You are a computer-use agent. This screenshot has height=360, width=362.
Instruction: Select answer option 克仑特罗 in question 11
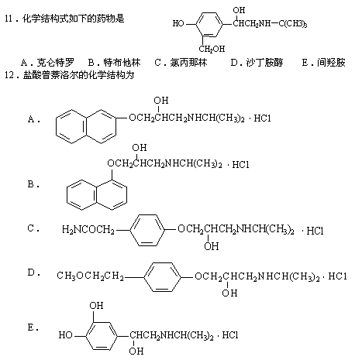tap(55, 63)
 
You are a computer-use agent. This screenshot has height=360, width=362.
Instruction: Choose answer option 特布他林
tap(122, 63)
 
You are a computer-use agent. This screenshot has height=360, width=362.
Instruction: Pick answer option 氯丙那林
tap(188, 63)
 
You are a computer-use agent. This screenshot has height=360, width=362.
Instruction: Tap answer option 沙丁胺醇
tap(264, 63)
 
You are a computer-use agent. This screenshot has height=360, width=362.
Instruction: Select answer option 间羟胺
tap(331, 63)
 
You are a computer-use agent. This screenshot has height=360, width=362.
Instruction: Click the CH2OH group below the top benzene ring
tap(212, 49)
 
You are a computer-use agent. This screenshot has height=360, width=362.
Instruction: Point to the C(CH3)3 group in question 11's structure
tap(293, 24)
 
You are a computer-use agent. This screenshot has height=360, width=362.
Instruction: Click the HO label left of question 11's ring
tap(178, 23)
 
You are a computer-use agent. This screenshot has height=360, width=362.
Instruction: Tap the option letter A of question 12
tap(31, 119)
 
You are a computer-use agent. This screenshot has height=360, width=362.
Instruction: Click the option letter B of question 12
tap(31, 184)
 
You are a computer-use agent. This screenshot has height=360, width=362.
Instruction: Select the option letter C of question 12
tap(31, 228)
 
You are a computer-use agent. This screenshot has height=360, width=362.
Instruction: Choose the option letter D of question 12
tap(31, 273)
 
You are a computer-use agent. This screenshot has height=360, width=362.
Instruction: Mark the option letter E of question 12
tap(31, 327)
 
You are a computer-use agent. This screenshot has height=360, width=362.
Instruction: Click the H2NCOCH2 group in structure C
tap(88, 229)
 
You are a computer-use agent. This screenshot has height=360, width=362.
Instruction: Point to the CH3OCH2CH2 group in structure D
tap(90, 276)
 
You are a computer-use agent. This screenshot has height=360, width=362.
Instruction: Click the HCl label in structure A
tap(262, 118)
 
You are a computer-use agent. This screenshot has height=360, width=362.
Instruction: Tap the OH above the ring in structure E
tap(96, 306)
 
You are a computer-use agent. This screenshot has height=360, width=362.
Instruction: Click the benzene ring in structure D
tap(162, 277)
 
